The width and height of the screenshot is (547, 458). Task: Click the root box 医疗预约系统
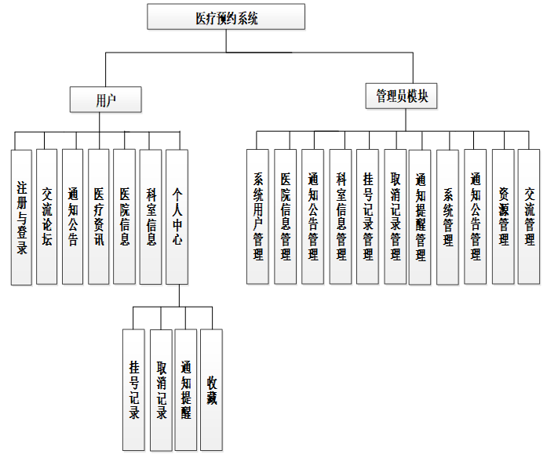tap(226, 16)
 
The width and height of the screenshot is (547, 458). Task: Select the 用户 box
tap(105, 99)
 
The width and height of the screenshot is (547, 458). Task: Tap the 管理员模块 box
tap(401, 96)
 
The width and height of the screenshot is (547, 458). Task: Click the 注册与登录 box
tap(21, 216)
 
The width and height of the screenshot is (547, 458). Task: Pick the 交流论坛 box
tap(47, 216)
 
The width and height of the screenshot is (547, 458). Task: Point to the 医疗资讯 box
tap(98, 216)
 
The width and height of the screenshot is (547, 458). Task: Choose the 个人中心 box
tap(177, 216)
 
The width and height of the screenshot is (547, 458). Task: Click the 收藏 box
tap(212, 390)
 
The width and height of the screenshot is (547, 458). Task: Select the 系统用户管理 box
tap(257, 216)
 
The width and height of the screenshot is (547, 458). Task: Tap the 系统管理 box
tap(448, 216)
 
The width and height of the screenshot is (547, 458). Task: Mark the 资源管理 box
tap(503, 216)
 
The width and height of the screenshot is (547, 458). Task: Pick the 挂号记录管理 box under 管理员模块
tap(366, 216)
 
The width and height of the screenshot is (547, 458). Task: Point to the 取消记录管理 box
tap(394, 216)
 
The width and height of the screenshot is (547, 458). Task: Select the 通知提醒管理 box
tap(420, 216)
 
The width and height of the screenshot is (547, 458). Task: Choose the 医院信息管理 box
tap(285, 216)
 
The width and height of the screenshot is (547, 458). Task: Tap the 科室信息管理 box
tap(340, 216)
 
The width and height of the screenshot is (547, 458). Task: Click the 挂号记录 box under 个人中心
tap(134, 390)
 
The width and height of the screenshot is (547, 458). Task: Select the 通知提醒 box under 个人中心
tap(185, 390)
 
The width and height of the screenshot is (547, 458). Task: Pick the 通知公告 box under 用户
tap(72, 216)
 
